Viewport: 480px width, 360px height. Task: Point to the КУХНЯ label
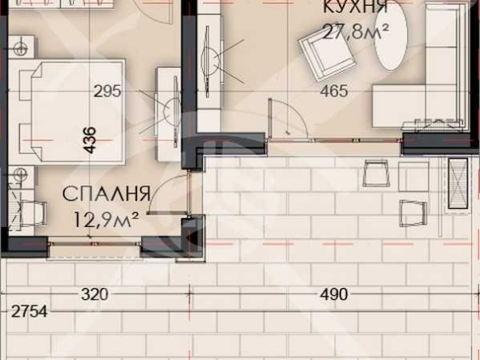[x=354, y=7]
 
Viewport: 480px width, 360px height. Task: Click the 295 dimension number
[x=107, y=92]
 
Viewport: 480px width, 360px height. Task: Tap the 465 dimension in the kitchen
[x=334, y=92]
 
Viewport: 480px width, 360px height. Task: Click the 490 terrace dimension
[x=334, y=294]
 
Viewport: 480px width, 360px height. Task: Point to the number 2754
[x=24, y=311]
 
